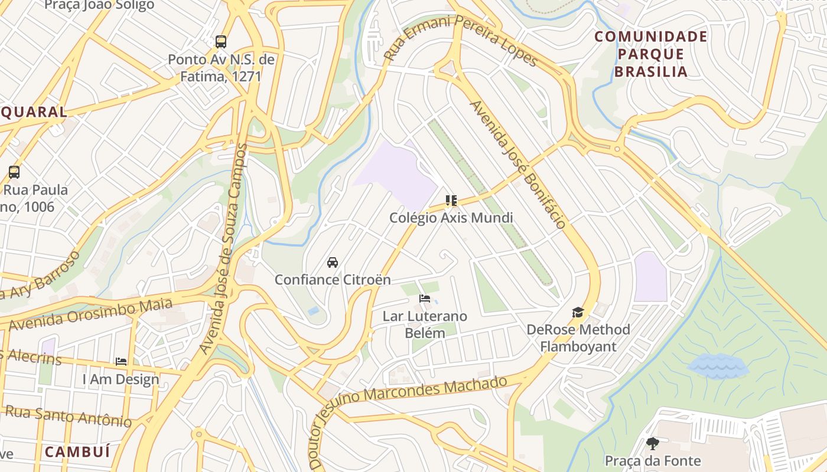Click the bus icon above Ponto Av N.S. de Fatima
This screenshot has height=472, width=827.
pyautogui.click(x=221, y=42)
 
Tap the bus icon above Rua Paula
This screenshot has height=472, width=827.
pyautogui.click(x=14, y=172)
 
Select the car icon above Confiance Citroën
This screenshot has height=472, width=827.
pyautogui.click(x=333, y=263)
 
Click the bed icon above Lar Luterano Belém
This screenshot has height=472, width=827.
pyautogui.click(x=424, y=299)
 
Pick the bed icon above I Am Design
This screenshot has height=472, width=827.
pyautogui.click(x=121, y=362)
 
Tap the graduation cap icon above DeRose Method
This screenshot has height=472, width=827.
pyautogui.click(x=578, y=312)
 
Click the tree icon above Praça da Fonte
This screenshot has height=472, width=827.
pyautogui.click(x=652, y=443)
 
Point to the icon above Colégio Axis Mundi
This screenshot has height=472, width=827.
pyautogui.click(x=451, y=201)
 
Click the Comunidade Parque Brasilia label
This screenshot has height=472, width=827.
pyautogui.click(x=650, y=54)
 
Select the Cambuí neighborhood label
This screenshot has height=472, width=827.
pyautogui.click(x=77, y=453)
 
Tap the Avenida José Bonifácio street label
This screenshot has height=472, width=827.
pyautogui.click(x=518, y=164)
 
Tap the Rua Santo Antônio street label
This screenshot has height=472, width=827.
pyautogui.click(x=69, y=416)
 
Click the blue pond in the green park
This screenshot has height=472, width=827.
pyautogui.click(x=717, y=366)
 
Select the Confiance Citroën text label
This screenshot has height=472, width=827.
pyautogui.click(x=333, y=280)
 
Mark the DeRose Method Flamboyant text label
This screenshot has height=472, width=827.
pyautogui.click(x=578, y=337)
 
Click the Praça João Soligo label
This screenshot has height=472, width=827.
pyautogui.click(x=99, y=5)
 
